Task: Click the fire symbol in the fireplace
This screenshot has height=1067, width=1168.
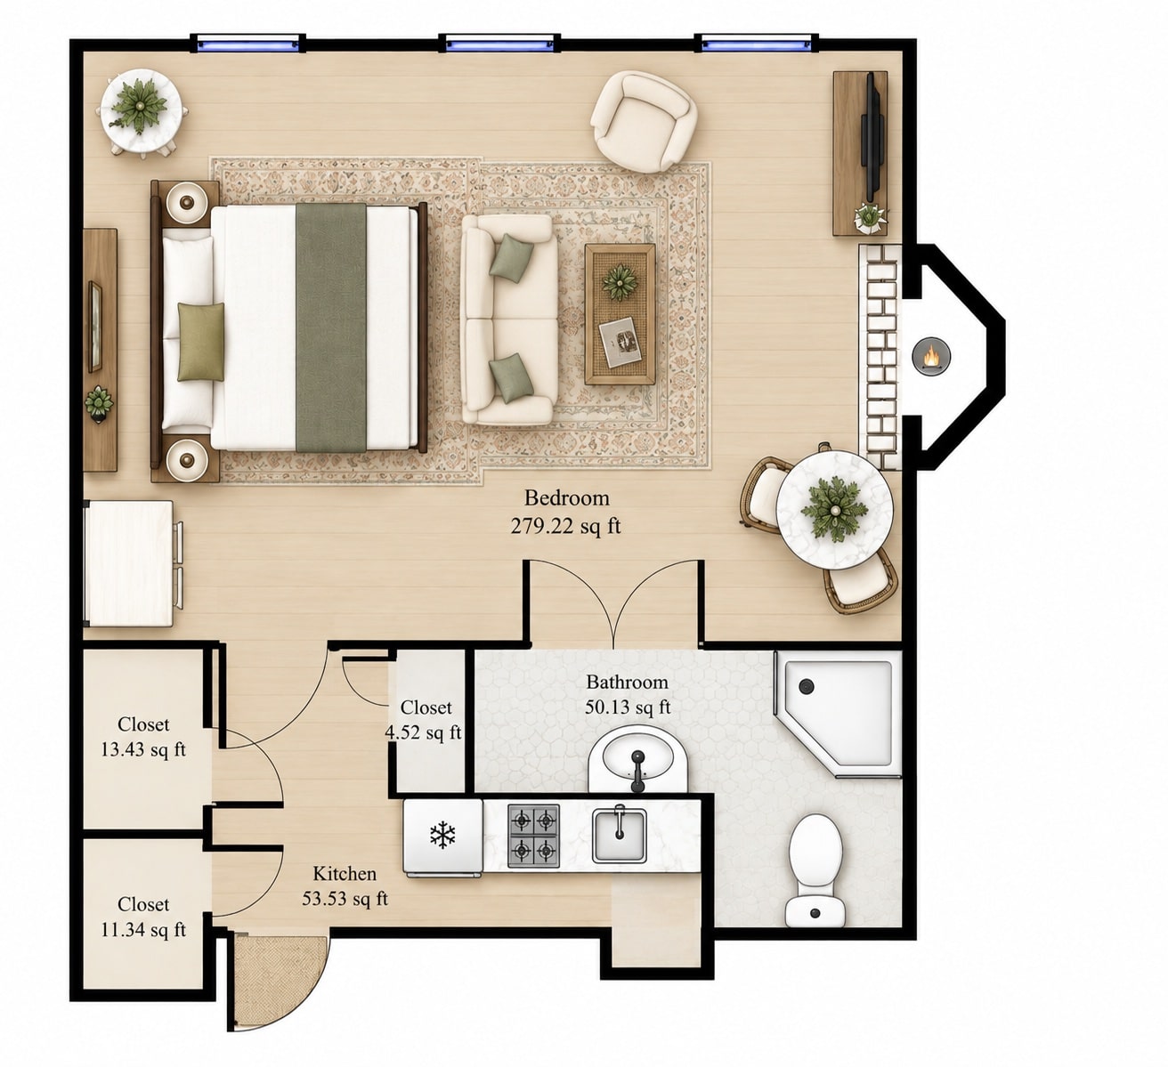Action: pyautogui.click(x=931, y=356)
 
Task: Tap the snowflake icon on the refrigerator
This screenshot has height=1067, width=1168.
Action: pyautogui.click(x=442, y=835)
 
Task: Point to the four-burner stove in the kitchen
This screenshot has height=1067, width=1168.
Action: pyautogui.click(x=533, y=836)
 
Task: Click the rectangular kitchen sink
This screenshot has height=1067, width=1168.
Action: pyautogui.click(x=620, y=836)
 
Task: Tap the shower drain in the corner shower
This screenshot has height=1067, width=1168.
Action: pyautogui.click(x=806, y=686)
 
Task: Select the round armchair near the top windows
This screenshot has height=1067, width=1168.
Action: pyautogui.click(x=644, y=121)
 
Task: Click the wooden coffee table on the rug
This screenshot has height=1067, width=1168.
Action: pyautogui.click(x=620, y=314)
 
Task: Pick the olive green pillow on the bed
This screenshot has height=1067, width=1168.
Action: pyautogui.click(x=201, y=342)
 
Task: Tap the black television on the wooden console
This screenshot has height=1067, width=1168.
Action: pyautogui.click(x=870, y=137)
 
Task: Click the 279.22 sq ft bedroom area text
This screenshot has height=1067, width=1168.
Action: pyautogui.click(x=566, y=526)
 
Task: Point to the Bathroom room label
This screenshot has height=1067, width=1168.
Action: pyautogui.click(x=627, y=682)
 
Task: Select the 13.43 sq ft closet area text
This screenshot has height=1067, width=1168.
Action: pyautogui.click(x=143, y=749)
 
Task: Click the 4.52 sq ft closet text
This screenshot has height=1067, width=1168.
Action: pyautogui.click(x=423, y=732)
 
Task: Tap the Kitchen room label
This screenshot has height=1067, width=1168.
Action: pyautogui.click(x=345, y=873)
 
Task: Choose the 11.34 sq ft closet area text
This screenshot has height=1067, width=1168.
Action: pyautogui.click(x=143, y=930)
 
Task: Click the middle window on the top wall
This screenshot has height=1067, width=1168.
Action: pyautogui.click(x=499, y=43)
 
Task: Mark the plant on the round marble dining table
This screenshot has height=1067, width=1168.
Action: pyautogui.click(x=834, y=509)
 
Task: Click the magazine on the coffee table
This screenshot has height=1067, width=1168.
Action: pyautogui.click(x=620, y=343)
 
